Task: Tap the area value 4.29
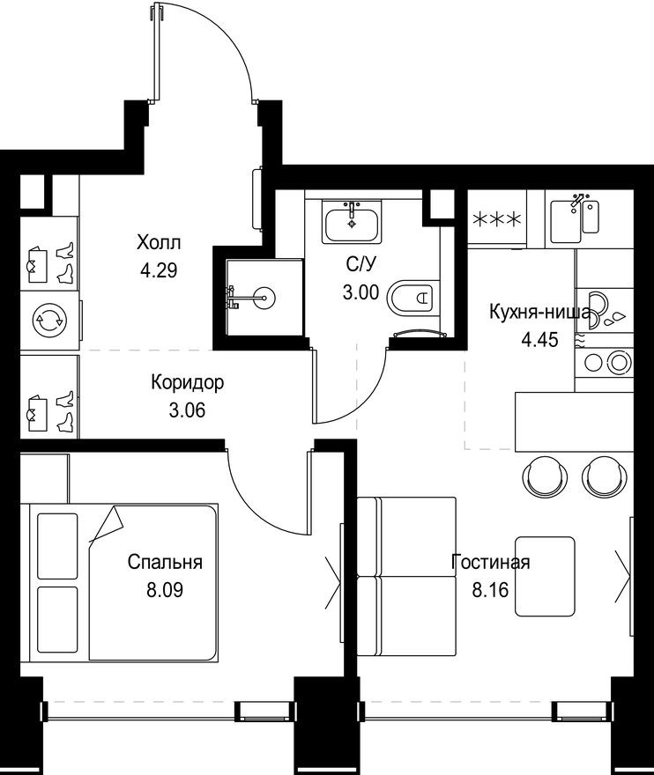[159, 269]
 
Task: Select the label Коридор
[187, 383]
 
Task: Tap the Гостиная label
[490, 562]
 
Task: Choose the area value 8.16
[491, 589]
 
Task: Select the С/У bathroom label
[363, 263]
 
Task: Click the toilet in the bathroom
[412, 297]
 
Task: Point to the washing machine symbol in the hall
[44, 320]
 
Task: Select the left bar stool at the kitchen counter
[540, 475]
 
